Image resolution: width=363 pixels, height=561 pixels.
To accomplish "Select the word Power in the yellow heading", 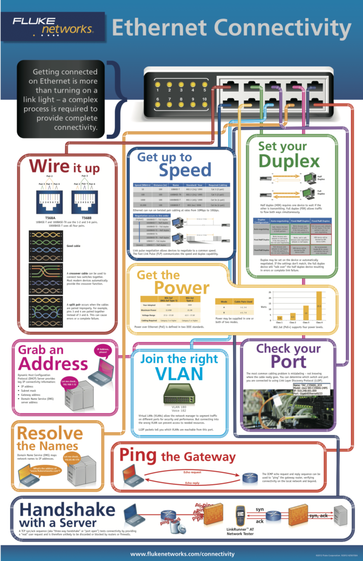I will click(181, 288).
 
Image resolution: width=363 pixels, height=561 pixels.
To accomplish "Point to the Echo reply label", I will click(192, 483).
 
